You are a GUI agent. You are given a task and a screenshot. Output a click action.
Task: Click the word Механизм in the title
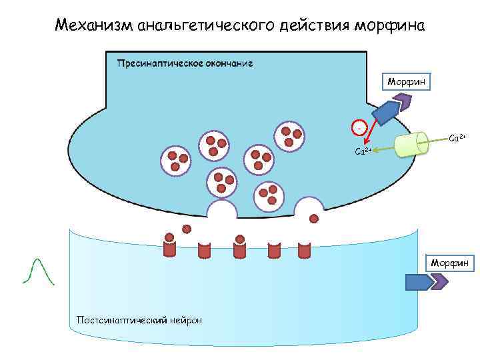[93, 26]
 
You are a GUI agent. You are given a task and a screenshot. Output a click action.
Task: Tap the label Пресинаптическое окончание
[185, 63]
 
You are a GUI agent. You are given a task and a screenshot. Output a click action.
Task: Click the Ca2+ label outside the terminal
[457, 137]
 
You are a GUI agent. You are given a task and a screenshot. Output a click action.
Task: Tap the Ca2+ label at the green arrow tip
[363, 151]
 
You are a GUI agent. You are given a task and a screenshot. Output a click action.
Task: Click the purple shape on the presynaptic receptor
[403, 102]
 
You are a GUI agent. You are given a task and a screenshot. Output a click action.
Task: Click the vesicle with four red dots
[289, 136]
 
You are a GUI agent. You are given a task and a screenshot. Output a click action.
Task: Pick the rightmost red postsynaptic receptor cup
[305, 249]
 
